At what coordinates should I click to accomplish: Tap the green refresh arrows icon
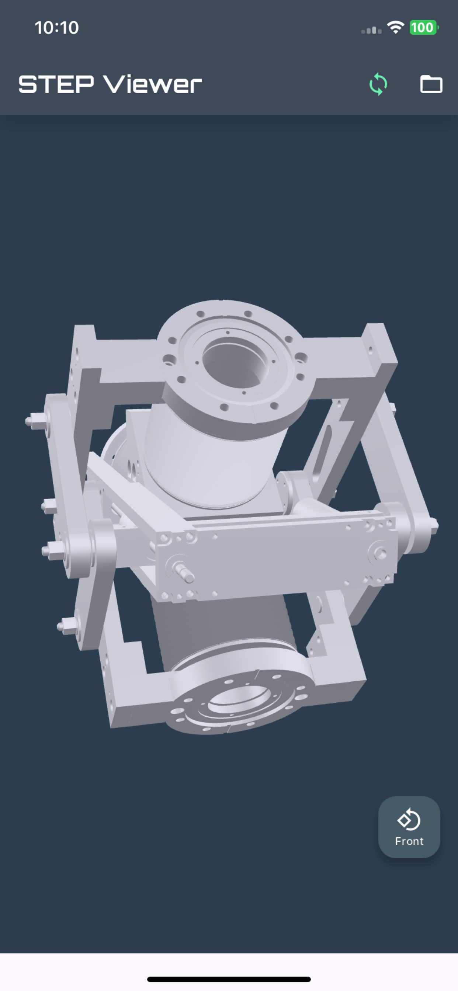coord(378,84)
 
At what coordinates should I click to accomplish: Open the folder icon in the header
coord(431,84)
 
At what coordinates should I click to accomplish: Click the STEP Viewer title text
coord(110,84)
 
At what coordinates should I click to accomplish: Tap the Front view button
coord(409,827)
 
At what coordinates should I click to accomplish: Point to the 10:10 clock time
coord(56,28)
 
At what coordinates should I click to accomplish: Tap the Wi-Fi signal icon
coord(395,27)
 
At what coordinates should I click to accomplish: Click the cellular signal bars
coord(371,30)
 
